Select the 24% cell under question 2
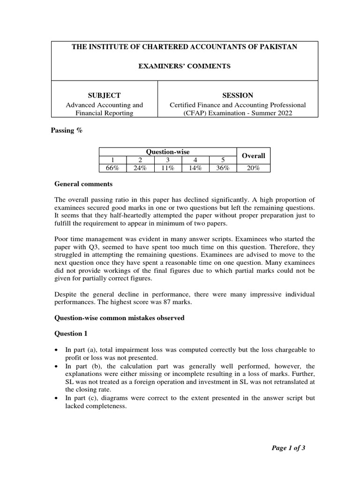(140, 168)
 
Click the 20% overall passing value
(253, 168)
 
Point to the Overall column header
(253, 156)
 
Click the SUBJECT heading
(105, 95)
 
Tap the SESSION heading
(238, 95)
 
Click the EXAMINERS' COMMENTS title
(184, 67)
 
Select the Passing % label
(67, 131)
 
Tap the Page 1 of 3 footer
(289, 448)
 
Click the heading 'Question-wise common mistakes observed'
(120, 318)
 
